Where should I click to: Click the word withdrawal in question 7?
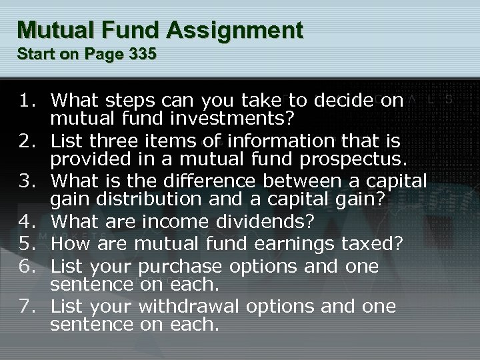pos(192,306)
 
